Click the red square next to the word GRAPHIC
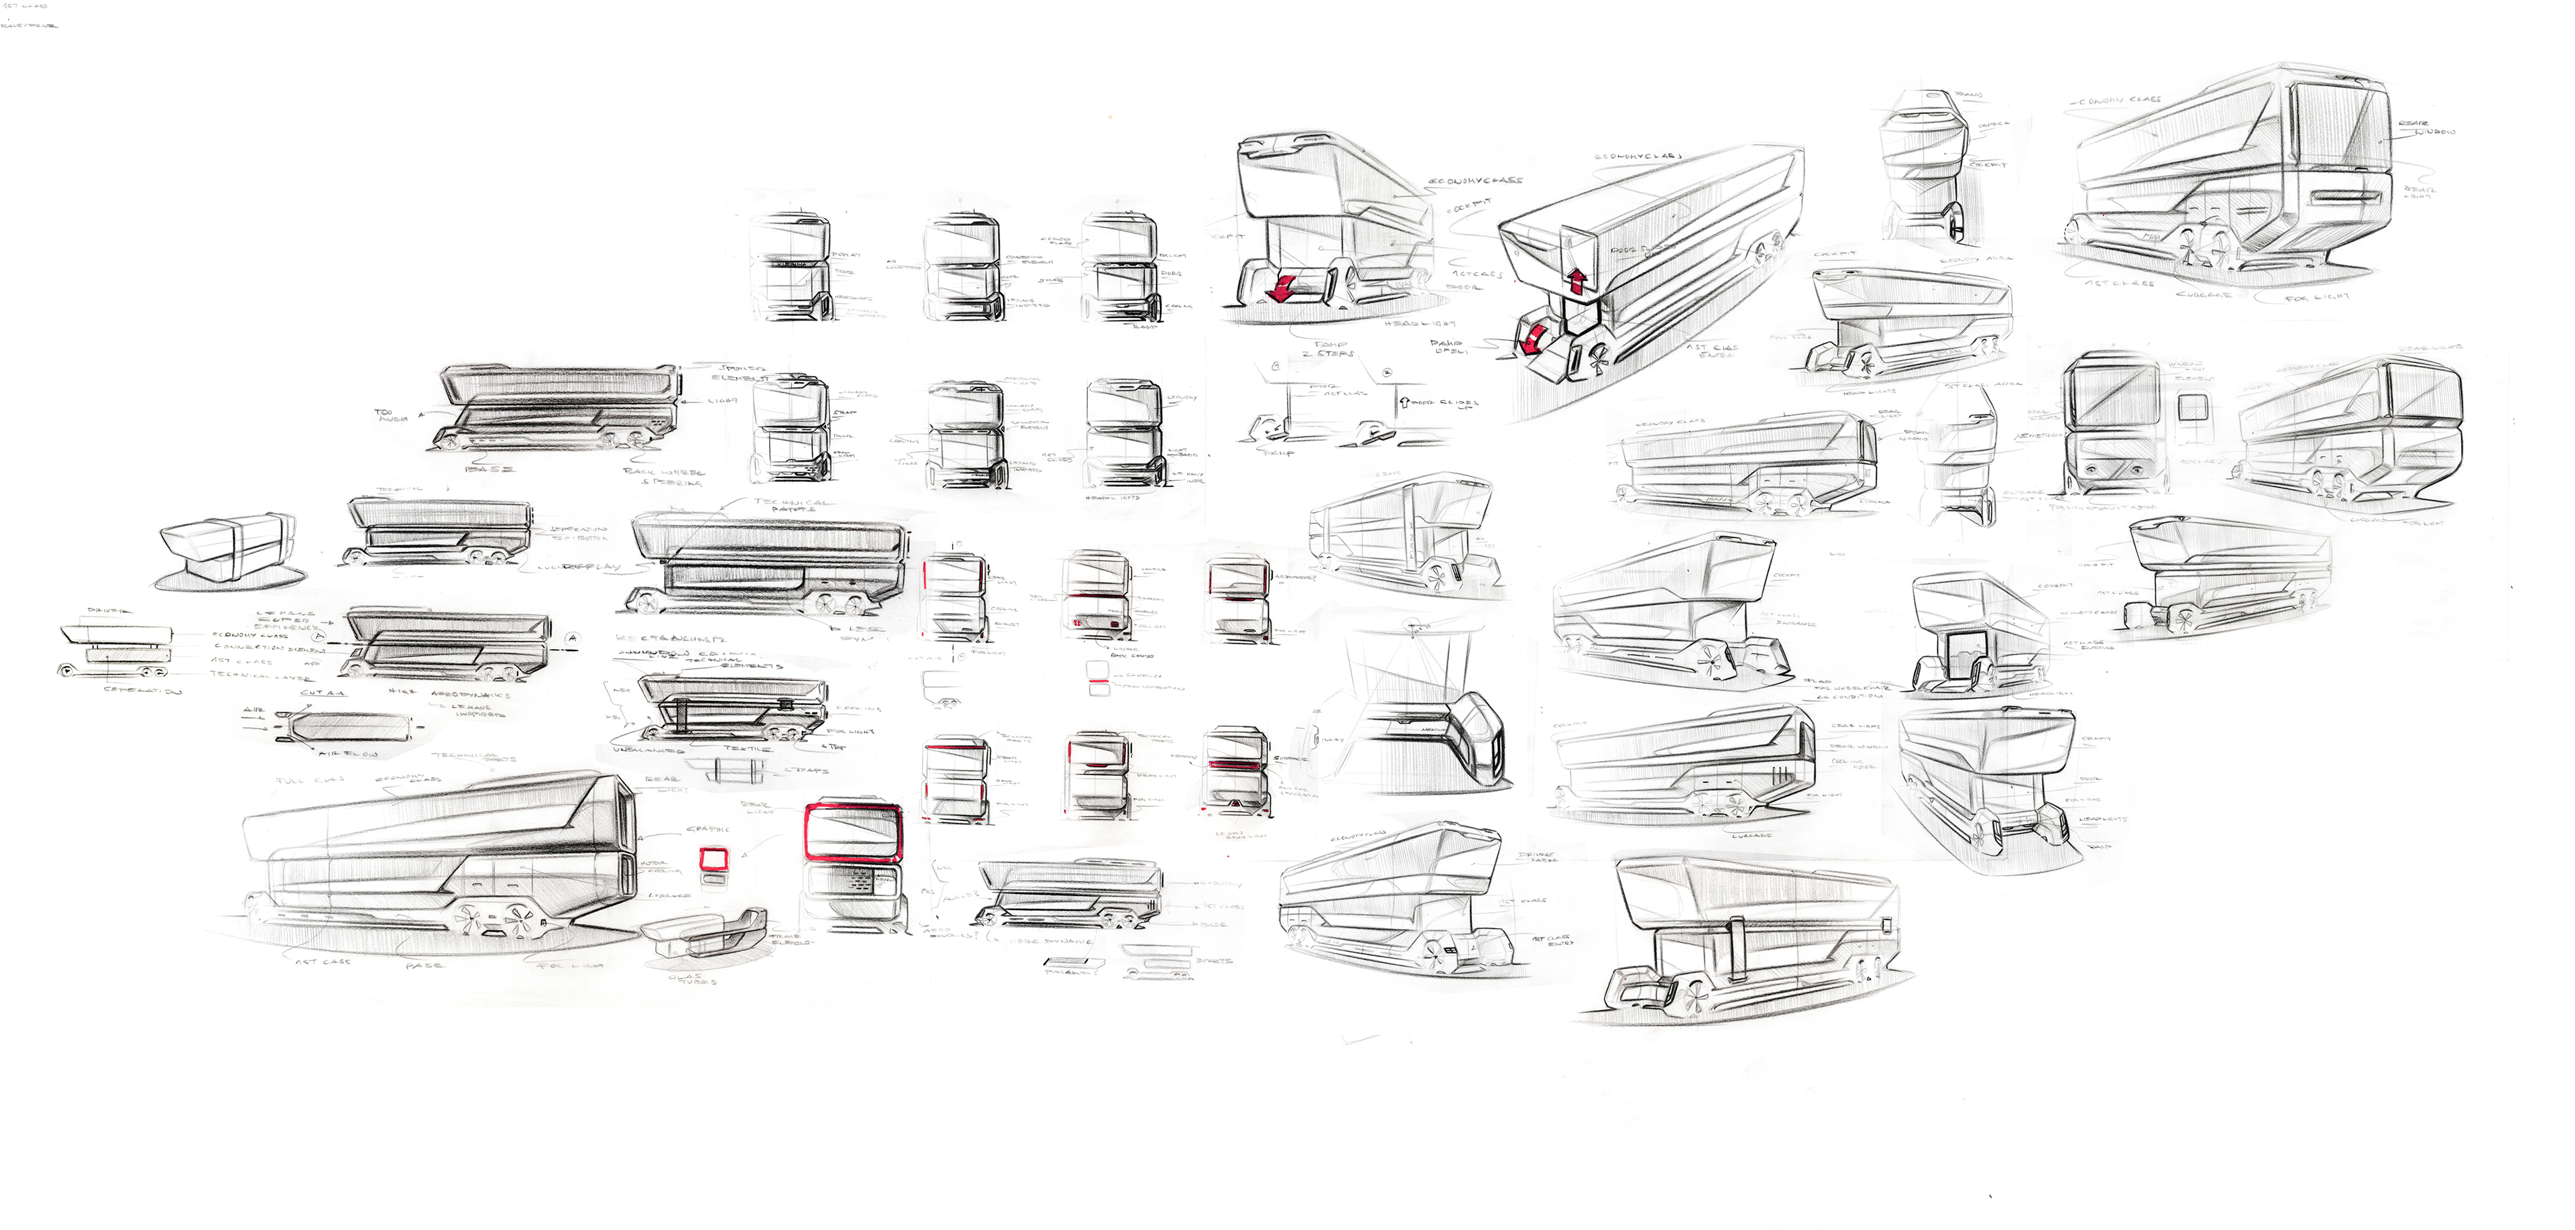coord(713,857)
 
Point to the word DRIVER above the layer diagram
coord(110,610)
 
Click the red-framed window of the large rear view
coord(852,832)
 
